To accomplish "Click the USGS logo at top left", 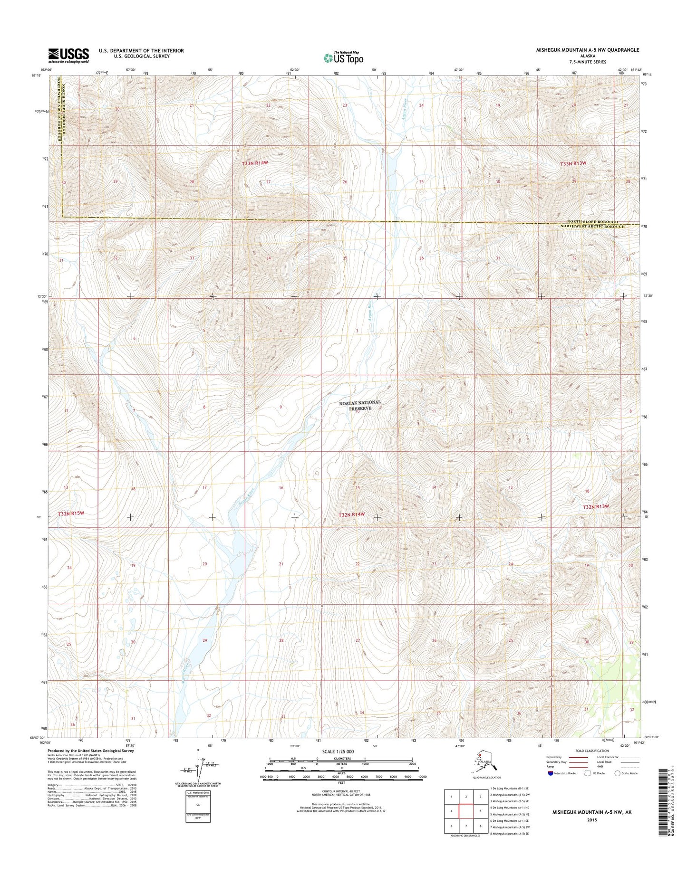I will (x=68, y=55).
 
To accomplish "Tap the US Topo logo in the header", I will (x=343, y=57).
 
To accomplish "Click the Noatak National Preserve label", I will (x=360, y=405).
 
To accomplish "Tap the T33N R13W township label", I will (x=573, y=163).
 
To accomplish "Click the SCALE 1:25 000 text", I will (x=338, y=752).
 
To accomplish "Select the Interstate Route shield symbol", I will (x=551, y=773).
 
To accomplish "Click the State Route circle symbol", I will (x=618, y=773).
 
